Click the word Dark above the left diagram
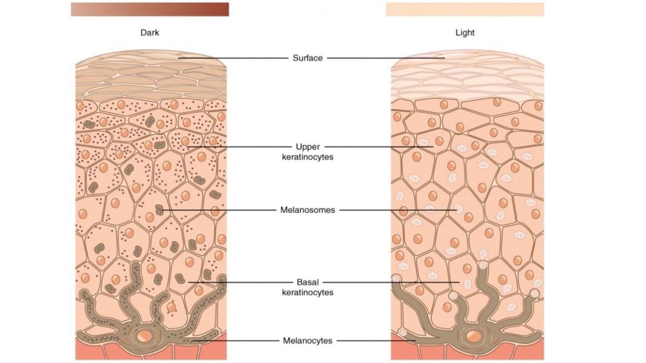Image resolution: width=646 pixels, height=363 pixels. coord(150,33)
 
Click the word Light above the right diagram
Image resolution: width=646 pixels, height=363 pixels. coord(465,33)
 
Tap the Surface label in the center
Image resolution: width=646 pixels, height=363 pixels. coord(308,58)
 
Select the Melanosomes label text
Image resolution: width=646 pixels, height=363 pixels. coord(308,210)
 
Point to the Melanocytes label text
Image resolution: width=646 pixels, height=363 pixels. coord(308,340)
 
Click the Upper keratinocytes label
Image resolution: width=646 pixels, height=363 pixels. coord(308,152)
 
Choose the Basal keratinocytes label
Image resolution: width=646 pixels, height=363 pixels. coord(308,287)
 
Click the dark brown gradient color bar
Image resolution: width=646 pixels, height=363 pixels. coord(150,9)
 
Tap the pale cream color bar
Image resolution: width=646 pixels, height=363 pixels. coord(465,9)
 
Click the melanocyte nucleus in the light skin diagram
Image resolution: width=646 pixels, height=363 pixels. coord(473,335)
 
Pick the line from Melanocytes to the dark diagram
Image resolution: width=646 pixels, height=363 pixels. coord(236,340)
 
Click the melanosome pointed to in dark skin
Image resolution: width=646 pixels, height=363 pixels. coord(159,210)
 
